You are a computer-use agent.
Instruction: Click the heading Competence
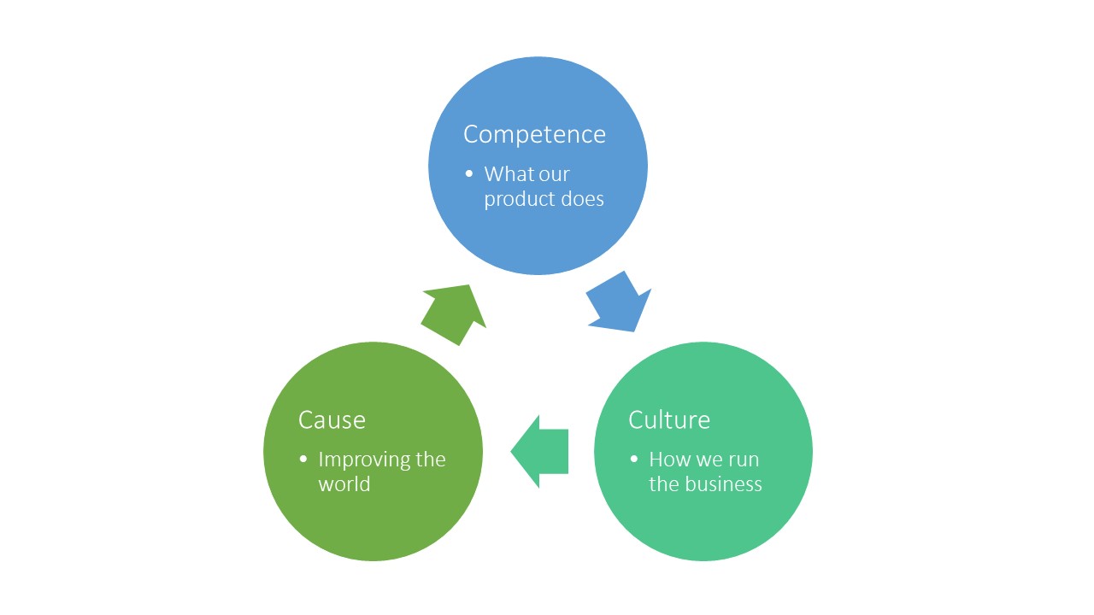(x=534, y=135)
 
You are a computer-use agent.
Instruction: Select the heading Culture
(x=669, y=420)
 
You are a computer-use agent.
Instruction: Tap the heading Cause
(x=332, y=420)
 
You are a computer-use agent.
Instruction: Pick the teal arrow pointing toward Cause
(x=540, y=451)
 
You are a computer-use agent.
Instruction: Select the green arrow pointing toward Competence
(x=454, y=313)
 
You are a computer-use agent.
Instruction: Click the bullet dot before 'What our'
(x=469, y=173)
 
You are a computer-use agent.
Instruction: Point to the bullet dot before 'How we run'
(x=634, y=459)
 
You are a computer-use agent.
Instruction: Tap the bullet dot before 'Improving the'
(x=303, y=459)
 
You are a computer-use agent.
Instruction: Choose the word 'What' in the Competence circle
(x=509, y=174)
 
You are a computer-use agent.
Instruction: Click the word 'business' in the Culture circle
(x=723, y=484)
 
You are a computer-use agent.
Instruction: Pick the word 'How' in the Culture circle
(x=668, y=460)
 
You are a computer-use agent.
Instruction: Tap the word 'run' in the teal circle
(x=744, y=460)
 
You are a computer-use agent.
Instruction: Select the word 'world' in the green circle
(x=344, y=484)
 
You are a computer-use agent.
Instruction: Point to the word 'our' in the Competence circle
(x=554, y=174)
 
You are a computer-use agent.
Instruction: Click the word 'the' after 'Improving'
(x=430, y=460)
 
